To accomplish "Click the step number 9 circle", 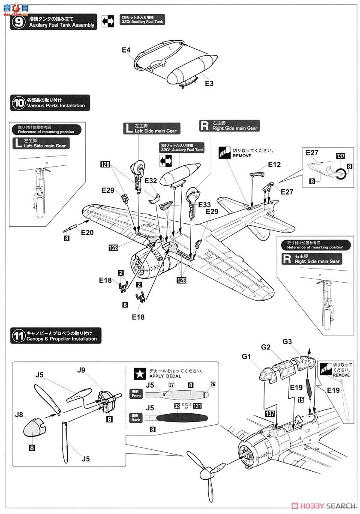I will (x=18, y=22).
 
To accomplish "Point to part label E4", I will (x=126, y=50).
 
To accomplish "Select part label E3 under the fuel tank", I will (x=209, y=84).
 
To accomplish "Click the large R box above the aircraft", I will (x=205, y=125).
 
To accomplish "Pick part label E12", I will (x=274, y=164).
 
